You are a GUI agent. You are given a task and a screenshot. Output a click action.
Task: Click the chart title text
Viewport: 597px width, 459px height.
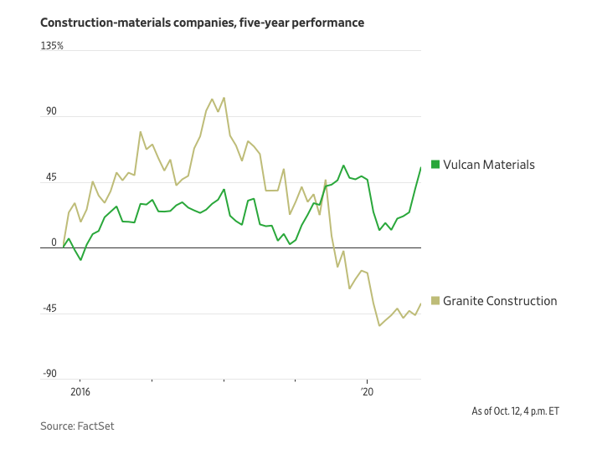[x=202, y=23]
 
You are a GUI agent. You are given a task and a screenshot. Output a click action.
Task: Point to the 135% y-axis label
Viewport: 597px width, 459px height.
[x=52, y=46]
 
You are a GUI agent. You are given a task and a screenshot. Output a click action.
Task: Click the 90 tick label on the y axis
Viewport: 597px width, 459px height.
[x=50, y=112]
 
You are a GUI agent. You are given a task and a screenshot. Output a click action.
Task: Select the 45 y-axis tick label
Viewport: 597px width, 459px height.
[x=50, y=178]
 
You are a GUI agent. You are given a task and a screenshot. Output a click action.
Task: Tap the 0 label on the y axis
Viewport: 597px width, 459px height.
[x=54, y=243]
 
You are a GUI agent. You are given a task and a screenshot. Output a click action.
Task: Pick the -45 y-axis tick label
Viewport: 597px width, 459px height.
[x=50, y=309]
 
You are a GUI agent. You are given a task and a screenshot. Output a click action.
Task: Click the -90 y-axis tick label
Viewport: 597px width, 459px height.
[x=50, y=375]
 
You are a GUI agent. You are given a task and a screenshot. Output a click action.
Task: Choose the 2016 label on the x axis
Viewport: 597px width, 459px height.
[x=80, y=390]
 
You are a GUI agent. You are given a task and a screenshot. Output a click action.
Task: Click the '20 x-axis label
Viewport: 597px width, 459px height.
[x=367, y=390]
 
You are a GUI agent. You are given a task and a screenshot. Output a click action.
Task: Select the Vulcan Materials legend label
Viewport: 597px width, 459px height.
[x=488, y=165]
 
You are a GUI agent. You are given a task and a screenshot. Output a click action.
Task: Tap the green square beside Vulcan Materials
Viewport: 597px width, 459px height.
[x=435, y=165]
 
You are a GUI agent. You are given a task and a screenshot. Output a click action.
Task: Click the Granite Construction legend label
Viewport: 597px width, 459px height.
[x=499, y=301]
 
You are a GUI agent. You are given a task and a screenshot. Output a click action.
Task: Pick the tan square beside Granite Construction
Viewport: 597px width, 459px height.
[x=435, y=301]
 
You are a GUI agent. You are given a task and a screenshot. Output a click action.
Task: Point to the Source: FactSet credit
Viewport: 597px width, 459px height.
[x=77, y=426]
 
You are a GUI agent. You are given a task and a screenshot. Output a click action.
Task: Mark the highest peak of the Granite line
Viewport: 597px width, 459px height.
[x=224, y=98]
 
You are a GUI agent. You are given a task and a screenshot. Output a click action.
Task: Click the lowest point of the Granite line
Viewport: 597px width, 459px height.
[x=379, y=325]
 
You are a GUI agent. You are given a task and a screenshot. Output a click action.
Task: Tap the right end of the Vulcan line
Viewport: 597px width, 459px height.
[x=420, y=167]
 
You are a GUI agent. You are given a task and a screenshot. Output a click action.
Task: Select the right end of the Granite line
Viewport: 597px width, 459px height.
[x=420, y=303]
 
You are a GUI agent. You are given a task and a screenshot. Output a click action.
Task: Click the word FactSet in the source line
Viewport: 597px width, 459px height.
[x=95, y=426]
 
